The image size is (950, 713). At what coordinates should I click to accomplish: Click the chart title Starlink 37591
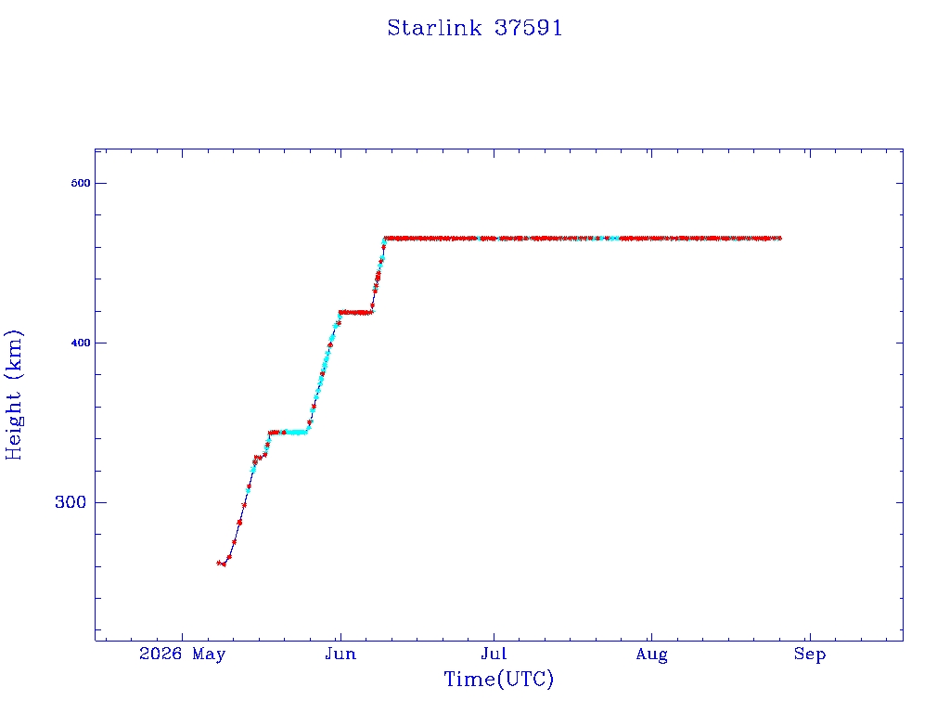pos(474,28)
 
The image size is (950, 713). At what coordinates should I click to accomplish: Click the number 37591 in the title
pos(528,28)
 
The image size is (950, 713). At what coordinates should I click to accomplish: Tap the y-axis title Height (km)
pos(13,395)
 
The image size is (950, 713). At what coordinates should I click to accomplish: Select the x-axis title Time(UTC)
pos(498,679)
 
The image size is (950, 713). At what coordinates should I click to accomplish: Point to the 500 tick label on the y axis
pos(80,183)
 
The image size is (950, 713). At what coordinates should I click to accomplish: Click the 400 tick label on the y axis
pos(80,343)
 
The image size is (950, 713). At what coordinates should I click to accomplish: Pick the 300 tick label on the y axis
pos(71,502)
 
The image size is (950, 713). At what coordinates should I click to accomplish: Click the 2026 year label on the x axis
pos(160,654)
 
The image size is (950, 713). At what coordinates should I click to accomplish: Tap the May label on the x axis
pos(209,655)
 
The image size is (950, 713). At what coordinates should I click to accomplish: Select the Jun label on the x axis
pos(340,654)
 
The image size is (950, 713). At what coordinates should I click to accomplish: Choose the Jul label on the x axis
pos(494,654)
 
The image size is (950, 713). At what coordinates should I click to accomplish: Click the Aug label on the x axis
pos(652,655)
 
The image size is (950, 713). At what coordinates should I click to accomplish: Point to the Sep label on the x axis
pos(810,655)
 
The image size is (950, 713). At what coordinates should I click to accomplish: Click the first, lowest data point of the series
pos(219,563)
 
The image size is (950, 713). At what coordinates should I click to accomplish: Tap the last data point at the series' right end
pos(779,239)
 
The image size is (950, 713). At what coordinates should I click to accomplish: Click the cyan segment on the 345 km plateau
pos(296,433)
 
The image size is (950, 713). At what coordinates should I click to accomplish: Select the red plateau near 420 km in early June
pos(356,312)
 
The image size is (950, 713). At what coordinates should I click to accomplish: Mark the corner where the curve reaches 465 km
pos(385,239)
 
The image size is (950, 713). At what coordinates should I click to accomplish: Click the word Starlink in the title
pos(434,28)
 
